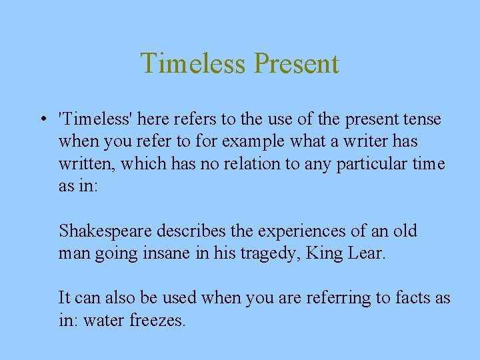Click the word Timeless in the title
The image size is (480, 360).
tap(193, 64)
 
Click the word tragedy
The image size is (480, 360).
tap(268, 254)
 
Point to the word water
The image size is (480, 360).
tap(103, 320)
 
